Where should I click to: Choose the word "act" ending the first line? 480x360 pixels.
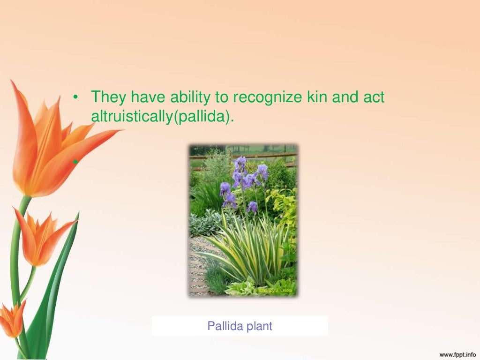click(x=372, y=97)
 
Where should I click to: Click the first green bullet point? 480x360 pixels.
click(x=75, y=97)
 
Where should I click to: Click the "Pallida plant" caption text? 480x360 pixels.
click(x=240, y=326)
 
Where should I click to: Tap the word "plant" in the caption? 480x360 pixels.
click(x=258, y=326)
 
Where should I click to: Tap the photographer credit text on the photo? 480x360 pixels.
click(x=276, y=291)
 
